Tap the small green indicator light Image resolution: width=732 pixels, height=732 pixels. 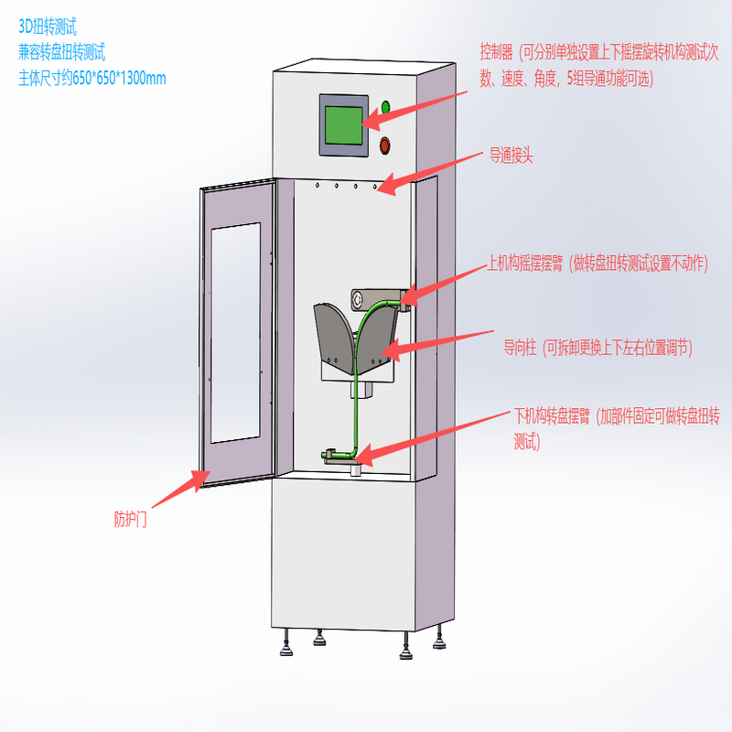tap(385, 107)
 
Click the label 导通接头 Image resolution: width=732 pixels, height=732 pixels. tap(511, 156)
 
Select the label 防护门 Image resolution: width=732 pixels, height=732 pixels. tap(131, 520)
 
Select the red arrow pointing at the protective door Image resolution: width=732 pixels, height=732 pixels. tap(178, 490)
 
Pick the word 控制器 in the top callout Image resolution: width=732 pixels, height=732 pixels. tap(498, 50)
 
